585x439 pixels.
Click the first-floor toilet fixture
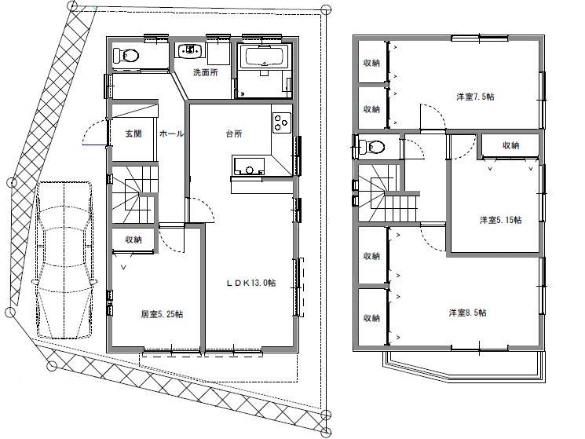coord(126,56)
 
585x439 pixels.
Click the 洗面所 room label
coord(206,74)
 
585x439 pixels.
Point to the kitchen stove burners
coord(280,124)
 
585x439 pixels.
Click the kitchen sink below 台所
coord(249,166)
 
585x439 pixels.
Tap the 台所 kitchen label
coord(233,134)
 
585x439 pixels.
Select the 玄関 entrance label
coord(133,134)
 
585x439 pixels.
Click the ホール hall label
coord(171,134)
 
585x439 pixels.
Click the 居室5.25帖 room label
coord(162,314)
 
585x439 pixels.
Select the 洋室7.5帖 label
coord(475,97)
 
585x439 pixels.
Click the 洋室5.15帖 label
coord(500,220)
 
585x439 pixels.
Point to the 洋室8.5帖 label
coord(467,313)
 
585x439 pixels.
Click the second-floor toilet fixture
coord(372,147)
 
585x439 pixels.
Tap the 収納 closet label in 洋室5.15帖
coord(510,145)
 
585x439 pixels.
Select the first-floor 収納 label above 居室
coord(132,240)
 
